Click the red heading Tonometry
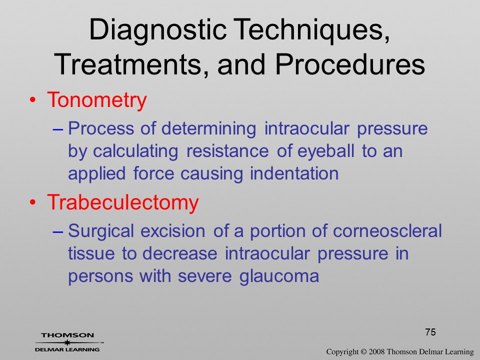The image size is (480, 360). click(x=96, y=100)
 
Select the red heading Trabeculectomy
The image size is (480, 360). click(x=123, y=202)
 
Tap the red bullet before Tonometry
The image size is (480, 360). click(x=33, y=100)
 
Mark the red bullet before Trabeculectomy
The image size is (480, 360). click(x=33, y=202)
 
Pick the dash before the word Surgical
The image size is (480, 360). click(x=57, y=232)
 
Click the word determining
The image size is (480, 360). click(x=208, y=129)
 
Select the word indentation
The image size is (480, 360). click(x=294, y=173)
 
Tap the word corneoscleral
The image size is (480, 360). click(x=387, y=231)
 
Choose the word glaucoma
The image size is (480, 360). click(x=279, y=276)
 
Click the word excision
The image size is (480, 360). click(x=173, y=231)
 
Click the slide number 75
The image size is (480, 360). click(x=430, y=332)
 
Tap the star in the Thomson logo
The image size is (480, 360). click(x=67, y=342)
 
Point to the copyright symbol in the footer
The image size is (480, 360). click(x=363, y=352)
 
